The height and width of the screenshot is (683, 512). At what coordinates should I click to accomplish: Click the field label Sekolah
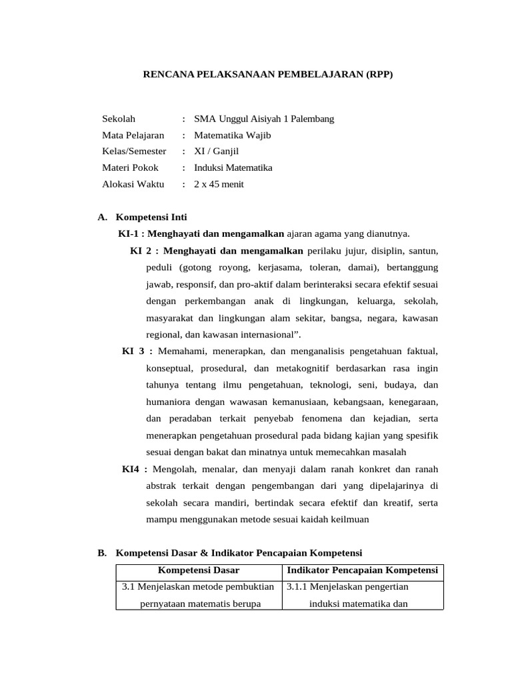[119, 119]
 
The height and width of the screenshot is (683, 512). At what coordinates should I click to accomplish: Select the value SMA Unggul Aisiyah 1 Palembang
[264, 119]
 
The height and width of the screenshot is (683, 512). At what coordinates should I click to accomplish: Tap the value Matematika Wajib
[233, 135]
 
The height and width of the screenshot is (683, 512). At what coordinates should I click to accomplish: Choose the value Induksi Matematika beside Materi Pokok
[233, 168]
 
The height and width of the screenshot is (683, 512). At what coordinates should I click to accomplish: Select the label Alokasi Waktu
[133, 184]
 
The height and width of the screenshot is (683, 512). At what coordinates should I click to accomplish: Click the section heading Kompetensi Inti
[151, 217]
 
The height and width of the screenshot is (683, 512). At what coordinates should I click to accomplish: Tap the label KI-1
[130, 233]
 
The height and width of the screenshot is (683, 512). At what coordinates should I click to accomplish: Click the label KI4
[131, 469]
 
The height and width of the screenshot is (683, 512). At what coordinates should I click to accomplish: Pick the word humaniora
[167, 402]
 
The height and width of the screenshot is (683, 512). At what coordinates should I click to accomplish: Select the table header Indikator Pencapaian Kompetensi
[362, 570]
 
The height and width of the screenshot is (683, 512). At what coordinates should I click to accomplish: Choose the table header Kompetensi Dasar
[199, 570]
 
